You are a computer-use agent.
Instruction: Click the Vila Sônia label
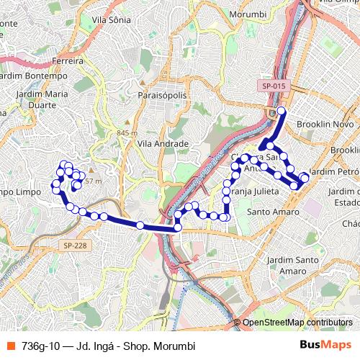111,19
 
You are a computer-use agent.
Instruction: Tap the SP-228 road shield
74,245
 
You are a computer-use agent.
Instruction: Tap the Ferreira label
68,60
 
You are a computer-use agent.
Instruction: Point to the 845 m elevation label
126,133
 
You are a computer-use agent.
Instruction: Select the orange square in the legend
10,346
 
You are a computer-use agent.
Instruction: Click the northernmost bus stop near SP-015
281,110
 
